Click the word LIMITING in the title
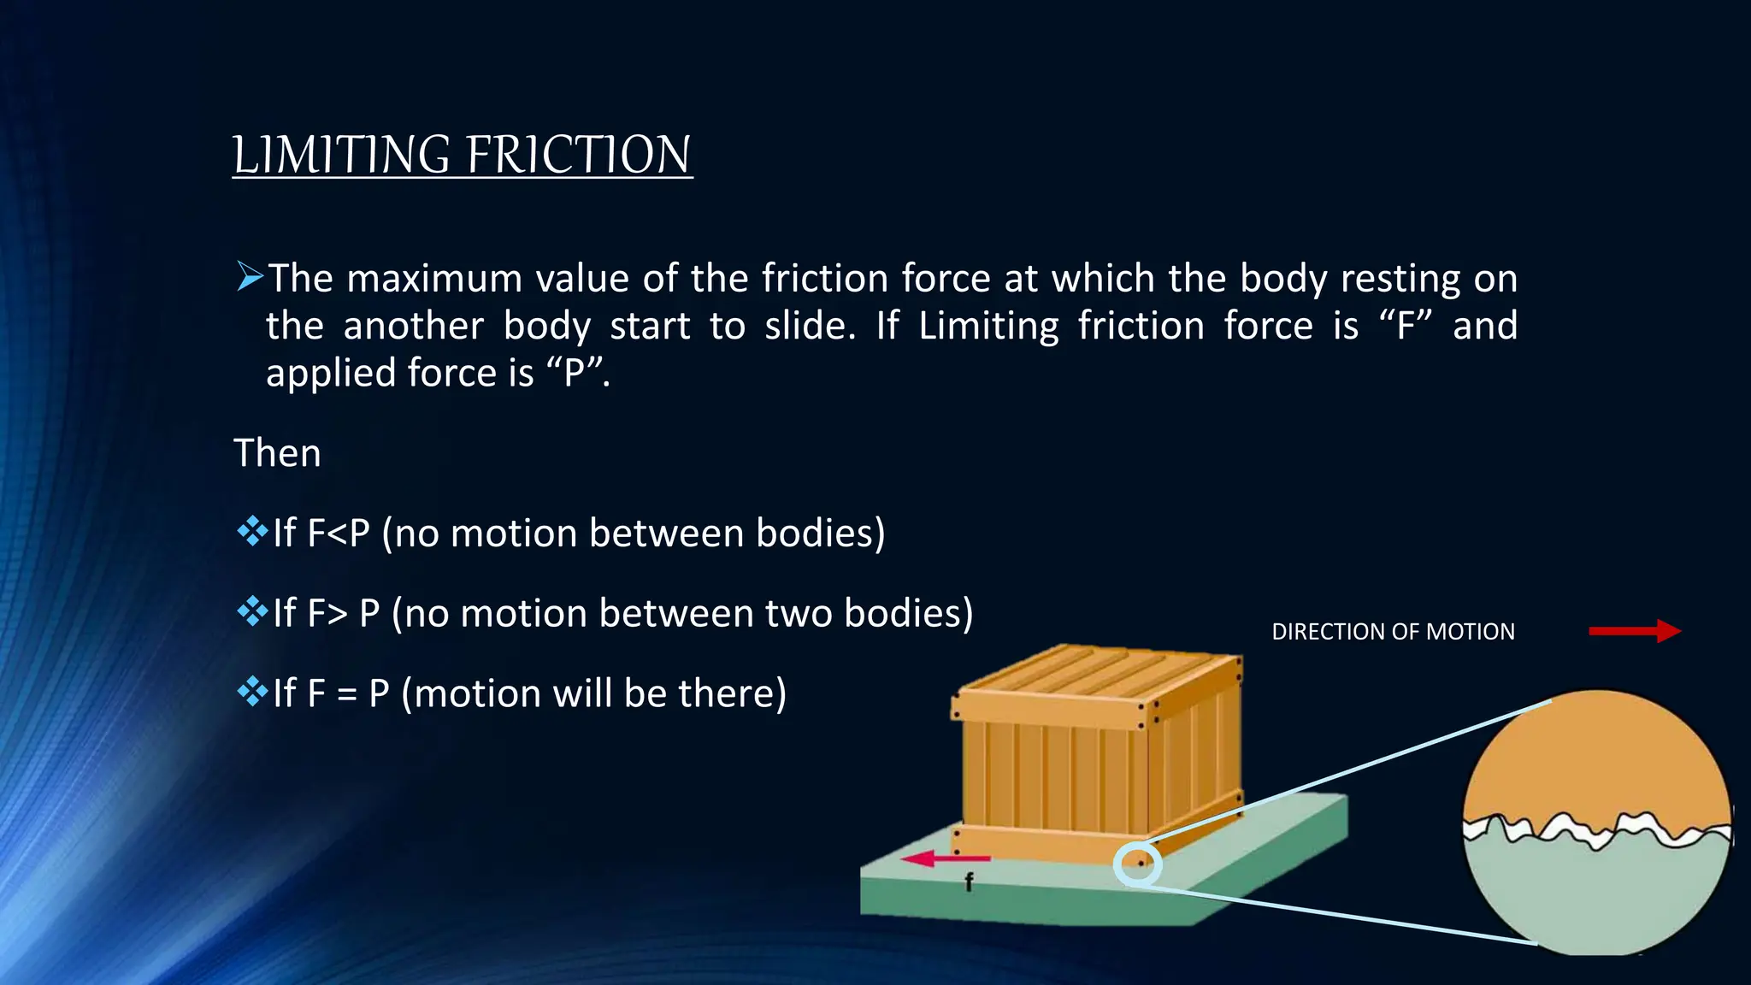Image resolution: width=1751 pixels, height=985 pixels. coord(341,156)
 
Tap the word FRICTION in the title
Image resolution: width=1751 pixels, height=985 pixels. coord(579,156)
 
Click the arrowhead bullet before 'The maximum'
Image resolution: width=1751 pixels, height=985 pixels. coord(250,277)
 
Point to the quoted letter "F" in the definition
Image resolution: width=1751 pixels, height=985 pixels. coord(1406,326)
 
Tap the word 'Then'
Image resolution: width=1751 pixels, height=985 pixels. coord(277,453)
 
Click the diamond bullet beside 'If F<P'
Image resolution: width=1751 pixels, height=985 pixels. coord(252,532)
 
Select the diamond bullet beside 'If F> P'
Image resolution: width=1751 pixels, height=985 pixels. coord(252,611)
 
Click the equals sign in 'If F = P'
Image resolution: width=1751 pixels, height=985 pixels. coord(346,694)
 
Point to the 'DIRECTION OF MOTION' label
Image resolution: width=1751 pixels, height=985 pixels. coord(1393,632)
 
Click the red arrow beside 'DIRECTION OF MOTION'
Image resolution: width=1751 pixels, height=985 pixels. coord(1634,631)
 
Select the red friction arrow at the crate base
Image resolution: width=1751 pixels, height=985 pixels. coord(946,858)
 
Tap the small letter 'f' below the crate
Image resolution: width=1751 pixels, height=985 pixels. coord(969,882)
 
